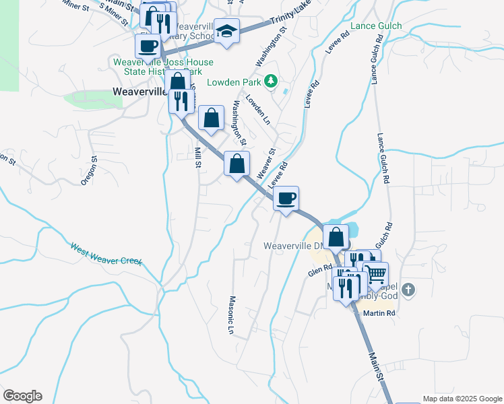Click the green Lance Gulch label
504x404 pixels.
point(376,26)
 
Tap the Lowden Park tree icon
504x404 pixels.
point(270,81)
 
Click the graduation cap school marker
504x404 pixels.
point(226,31)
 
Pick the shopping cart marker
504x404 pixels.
point(376,275)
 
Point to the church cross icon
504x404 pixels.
point(409,291)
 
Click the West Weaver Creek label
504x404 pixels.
point(106,252)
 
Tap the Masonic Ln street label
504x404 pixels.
point(230,315)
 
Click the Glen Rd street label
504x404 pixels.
point(320,270)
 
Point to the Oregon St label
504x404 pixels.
point(89,171)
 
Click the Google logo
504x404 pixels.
point(22,396)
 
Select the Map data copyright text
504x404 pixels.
point(462,399)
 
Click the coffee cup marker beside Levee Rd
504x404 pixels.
point(286,198)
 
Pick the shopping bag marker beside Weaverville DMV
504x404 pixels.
point(336,237)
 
